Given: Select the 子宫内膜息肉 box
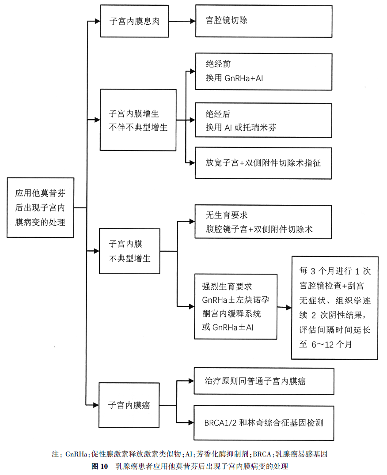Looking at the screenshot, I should click(135, 21).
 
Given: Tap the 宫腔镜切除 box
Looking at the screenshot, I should click(263, 21).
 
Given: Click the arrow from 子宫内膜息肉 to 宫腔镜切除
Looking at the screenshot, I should click(182, 21).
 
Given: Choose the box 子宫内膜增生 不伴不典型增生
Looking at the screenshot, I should click(138, 120).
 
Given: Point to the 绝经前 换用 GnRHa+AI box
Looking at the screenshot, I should click(263, 72).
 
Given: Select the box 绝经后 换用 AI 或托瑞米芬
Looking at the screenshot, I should click(263, 121).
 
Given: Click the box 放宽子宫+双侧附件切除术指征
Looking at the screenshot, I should click(263, 163).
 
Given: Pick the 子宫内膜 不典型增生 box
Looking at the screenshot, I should click(129, 251).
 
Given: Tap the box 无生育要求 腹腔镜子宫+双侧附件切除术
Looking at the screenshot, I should click(263, 222).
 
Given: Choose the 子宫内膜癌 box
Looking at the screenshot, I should click(129, 405).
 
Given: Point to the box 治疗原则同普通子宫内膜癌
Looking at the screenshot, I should click(264, 381).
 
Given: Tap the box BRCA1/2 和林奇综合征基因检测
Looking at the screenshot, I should click(264, 422).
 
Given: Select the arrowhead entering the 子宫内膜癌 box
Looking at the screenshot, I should click(96, 404).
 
